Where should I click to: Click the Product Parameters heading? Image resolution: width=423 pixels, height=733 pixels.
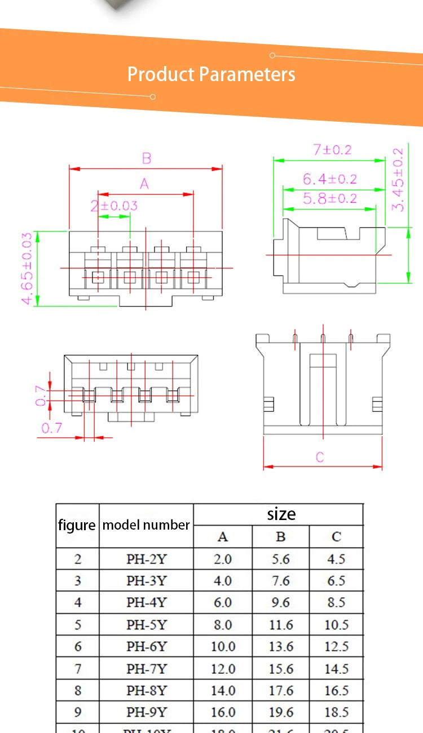[x=211, y=74]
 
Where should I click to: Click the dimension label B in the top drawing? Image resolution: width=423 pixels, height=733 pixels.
[x=146, y=158]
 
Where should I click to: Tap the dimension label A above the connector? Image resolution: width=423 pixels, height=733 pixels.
[x=144, y=184]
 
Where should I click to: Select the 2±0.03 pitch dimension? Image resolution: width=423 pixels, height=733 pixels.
[x=114, y=206]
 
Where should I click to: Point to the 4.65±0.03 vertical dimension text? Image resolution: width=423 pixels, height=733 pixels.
[x=27, y=268]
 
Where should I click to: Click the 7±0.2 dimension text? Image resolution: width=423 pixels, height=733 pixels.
[x=332, y=149]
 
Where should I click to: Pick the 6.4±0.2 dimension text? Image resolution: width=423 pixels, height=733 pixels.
[x=330, y=179]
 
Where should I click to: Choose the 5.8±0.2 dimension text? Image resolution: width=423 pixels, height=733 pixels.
[x=330, y=198]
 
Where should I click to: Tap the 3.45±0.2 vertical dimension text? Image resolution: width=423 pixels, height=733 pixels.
[x=398, y=179]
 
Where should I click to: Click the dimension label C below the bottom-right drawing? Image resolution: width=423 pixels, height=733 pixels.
[x=320, y=457]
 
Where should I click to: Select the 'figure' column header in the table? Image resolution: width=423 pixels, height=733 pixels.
[x=77, y=525]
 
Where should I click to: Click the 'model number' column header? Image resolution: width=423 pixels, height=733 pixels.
[x=146, y=525]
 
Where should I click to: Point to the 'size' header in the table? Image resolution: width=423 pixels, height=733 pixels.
[x=281, y=514]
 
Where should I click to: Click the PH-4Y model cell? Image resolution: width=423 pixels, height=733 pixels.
[x=146, y=602]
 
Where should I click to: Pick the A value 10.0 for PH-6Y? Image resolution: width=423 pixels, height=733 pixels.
[x=223, y=646]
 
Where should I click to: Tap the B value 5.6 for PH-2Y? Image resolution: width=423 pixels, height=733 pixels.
[x=281, y=559]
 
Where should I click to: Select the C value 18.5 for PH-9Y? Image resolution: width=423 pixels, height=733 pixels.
[x=336, y=712]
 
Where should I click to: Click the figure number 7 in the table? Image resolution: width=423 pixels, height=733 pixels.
[x=78, y=669]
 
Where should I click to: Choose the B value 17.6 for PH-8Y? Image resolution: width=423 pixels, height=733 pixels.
[x=281, y=690]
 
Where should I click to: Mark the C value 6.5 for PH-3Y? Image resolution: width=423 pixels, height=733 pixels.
[x=336, y=581]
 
